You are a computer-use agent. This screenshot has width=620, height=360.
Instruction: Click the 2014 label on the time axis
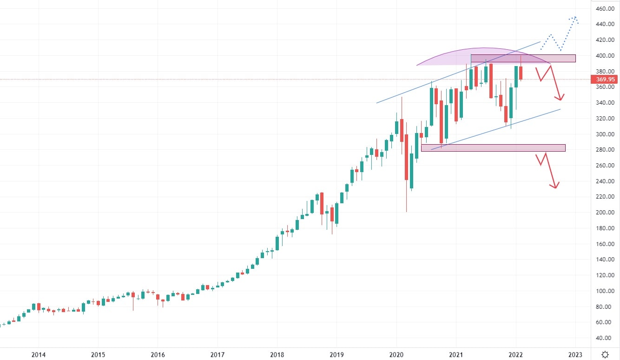click(x=38, y=355)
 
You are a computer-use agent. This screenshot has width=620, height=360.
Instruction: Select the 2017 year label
click(x=218, y=355)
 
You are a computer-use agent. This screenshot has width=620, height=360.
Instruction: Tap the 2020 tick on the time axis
click(x=396, y=355)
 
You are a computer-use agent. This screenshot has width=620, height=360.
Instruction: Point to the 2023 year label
click(x=575, y=355)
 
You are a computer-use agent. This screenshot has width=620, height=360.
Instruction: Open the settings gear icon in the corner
click(x=605, y=354)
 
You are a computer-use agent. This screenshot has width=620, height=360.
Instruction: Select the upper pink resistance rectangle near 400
click(x=523, y=59)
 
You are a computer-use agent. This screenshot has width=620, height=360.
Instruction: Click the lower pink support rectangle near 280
click(x=493, y=148)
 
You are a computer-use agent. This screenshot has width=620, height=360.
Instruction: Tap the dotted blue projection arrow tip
click(x=575, y=18)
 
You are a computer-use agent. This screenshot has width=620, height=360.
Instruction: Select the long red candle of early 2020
click(x=406, y=157)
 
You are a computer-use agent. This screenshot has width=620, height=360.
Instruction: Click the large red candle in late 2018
click(x=322, y=203)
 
